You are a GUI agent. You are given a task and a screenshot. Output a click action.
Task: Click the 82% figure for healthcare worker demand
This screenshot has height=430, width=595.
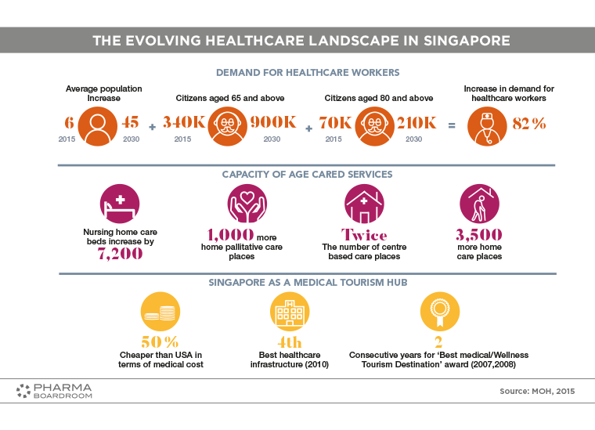tap(529, 123)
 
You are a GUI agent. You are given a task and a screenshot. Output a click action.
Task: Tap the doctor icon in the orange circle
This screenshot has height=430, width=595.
tap(487, 126)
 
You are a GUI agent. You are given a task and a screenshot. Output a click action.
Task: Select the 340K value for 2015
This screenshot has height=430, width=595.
tap(184, 122)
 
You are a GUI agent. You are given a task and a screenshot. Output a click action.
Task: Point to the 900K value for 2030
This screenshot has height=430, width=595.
tap(273, 122)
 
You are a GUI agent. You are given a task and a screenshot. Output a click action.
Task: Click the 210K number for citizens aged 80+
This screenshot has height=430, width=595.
tap(416, 123)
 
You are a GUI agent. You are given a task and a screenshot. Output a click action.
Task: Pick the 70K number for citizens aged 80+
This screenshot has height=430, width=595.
tap(335, 123)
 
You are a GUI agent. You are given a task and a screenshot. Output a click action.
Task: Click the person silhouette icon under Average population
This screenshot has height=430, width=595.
tap(98, 126)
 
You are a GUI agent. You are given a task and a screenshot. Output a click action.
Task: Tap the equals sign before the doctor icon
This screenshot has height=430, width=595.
tap(452, 125)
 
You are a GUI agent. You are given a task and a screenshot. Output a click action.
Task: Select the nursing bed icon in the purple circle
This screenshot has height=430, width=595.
tap(120, 204)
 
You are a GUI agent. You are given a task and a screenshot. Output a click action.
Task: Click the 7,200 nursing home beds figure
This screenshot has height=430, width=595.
tap(120, 254)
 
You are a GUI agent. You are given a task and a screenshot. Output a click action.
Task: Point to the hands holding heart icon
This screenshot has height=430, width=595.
tap(247, 204)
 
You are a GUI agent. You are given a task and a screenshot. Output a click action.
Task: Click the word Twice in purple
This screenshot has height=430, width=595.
tap(364, 235)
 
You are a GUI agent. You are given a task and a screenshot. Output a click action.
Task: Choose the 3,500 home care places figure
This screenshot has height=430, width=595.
tap(479, 235)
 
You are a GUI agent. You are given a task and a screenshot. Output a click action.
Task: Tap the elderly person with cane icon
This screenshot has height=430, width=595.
tap(479, 204)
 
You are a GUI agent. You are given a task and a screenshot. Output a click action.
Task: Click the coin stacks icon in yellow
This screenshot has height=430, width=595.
tap(160, 312)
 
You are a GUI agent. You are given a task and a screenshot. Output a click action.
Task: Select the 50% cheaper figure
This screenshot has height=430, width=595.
tap(160, 342)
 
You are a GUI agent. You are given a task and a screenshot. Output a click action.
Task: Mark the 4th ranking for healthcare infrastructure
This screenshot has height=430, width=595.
tap(290, 342)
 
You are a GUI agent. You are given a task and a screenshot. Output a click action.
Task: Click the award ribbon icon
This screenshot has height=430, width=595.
tap(440, 312)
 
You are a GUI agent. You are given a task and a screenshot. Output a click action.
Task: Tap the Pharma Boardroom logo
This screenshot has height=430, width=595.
tap(54, 391)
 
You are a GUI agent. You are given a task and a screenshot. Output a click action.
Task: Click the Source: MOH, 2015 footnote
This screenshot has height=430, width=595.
tap(537, 392)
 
